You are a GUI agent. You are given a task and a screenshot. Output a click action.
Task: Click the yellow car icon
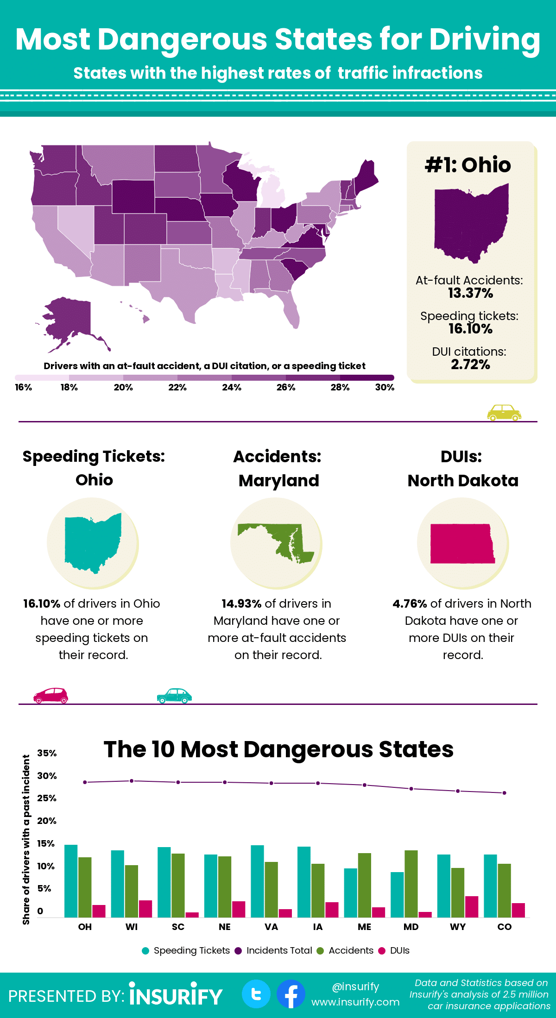(x=504, y=412)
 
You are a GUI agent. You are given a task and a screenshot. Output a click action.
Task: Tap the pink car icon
(x=51, y=696)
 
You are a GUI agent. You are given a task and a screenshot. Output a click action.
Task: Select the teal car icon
(x=174, y=696)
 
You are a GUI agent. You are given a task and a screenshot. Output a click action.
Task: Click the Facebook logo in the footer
(x=291, y=994)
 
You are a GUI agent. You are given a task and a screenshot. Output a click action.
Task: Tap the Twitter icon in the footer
(x=256, y=994)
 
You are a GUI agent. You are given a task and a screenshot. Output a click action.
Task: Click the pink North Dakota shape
(x=462, y=544)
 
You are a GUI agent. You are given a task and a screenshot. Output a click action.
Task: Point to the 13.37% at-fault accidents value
(x=470, y=293)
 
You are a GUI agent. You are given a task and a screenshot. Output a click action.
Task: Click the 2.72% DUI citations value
(x=470, y=364)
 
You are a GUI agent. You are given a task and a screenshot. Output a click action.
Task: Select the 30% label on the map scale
(x=385, y=387)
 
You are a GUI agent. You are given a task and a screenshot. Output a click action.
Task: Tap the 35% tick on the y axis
(x=47, y=753)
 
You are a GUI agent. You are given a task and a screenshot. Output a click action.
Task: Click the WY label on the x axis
(x=458, y=927)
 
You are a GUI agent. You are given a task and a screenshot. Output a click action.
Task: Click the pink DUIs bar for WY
(x=472, y=906)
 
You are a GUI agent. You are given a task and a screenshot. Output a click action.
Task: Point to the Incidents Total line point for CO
(x=505, y=793)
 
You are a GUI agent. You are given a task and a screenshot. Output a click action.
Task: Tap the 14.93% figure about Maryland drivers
(x=241, y=603)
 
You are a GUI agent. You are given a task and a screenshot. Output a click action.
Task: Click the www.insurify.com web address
(x=355, y=1002)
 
